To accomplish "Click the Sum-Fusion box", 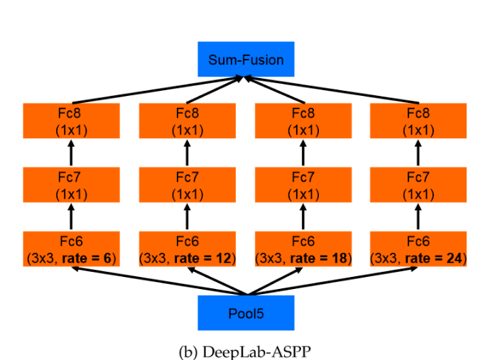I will [245, 60].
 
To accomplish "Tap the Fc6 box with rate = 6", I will [70, 249].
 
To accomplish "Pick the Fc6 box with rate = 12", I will [187, 249].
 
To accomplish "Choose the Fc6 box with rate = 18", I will [303, 249].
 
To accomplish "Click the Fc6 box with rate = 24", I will [418, 249].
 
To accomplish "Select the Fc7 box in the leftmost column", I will [70, 185].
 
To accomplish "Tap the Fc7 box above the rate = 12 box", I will [187, 185].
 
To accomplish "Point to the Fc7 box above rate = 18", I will [303, 185].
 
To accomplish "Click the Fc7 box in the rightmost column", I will [418, 185].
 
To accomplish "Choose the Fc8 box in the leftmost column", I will [70, 121].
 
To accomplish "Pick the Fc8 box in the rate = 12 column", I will [187, 121].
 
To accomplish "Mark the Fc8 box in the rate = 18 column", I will [303, 121].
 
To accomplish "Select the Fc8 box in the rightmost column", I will [418, 121].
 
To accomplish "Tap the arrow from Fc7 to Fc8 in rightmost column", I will [418, 153].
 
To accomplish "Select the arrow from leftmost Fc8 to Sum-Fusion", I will [156, 90].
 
